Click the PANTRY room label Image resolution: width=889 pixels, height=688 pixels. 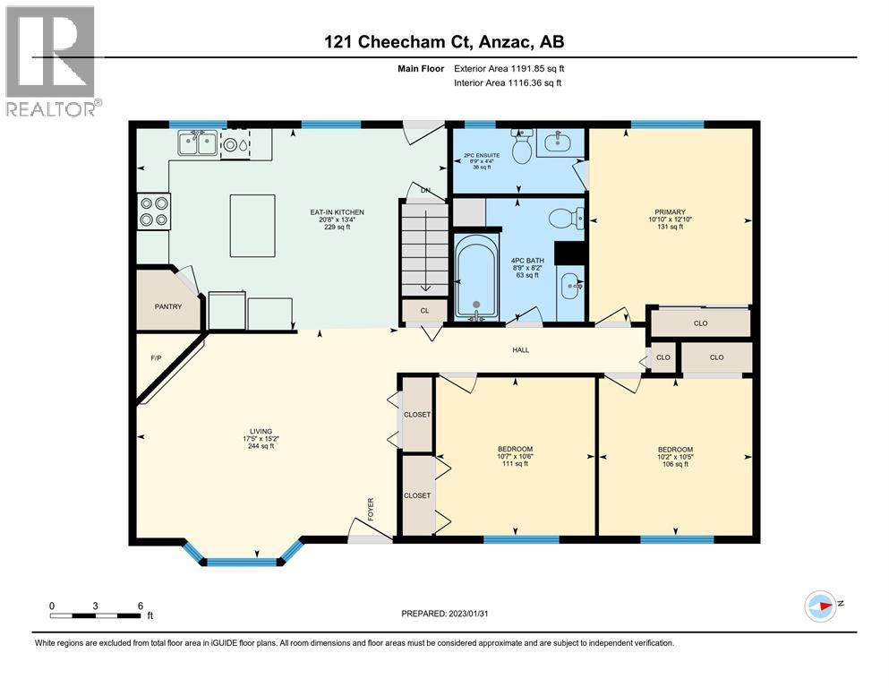(x=167, y=307)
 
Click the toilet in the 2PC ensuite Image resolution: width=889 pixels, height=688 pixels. (x=521, y=148)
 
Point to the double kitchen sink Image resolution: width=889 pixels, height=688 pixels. (x=197, y=142)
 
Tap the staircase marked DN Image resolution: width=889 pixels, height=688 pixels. (x=423, y=247)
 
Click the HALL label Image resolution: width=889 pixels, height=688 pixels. (x=520, y=350)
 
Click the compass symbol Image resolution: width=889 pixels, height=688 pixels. (x=821, y=606)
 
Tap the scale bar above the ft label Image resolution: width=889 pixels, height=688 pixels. (x=95, y=615)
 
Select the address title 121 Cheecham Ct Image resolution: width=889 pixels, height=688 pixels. (x=444, y=41)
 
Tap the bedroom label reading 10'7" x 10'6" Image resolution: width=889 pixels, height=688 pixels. (x=515, y=456)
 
